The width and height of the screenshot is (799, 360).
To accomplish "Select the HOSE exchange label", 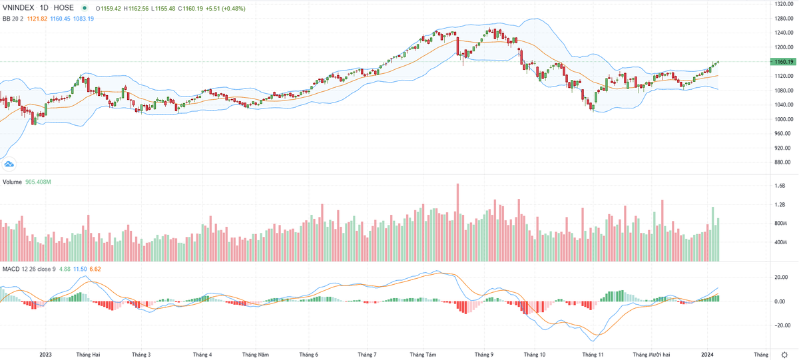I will pyautogui.click(x=64, y=8).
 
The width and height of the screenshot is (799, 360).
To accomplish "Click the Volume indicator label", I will pyautogui.click(x=13, y=182).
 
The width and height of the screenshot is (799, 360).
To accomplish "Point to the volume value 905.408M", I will pyautogui.click(x=39, y=182).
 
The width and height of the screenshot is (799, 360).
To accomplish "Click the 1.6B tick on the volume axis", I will pyautogui.click(x=779, y=186).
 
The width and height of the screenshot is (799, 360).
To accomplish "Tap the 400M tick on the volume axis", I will pyautogui.click(x=780, y=242).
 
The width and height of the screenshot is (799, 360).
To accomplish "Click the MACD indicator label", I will pyautogui.click(x=11, y=269).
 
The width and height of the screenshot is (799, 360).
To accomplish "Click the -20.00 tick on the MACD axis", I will pyautogui.click(x=780, y=325).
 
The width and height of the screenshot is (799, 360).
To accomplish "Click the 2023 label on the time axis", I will pyautogui.click(x=46, y=355).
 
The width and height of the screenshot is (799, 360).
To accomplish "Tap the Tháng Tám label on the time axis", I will pyautogui.click(x=422, y=355).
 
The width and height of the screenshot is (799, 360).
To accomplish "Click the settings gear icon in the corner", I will pyautogui.click(x=786, y=355).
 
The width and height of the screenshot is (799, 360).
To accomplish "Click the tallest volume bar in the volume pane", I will pyautogui.click(x=458, y=222).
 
